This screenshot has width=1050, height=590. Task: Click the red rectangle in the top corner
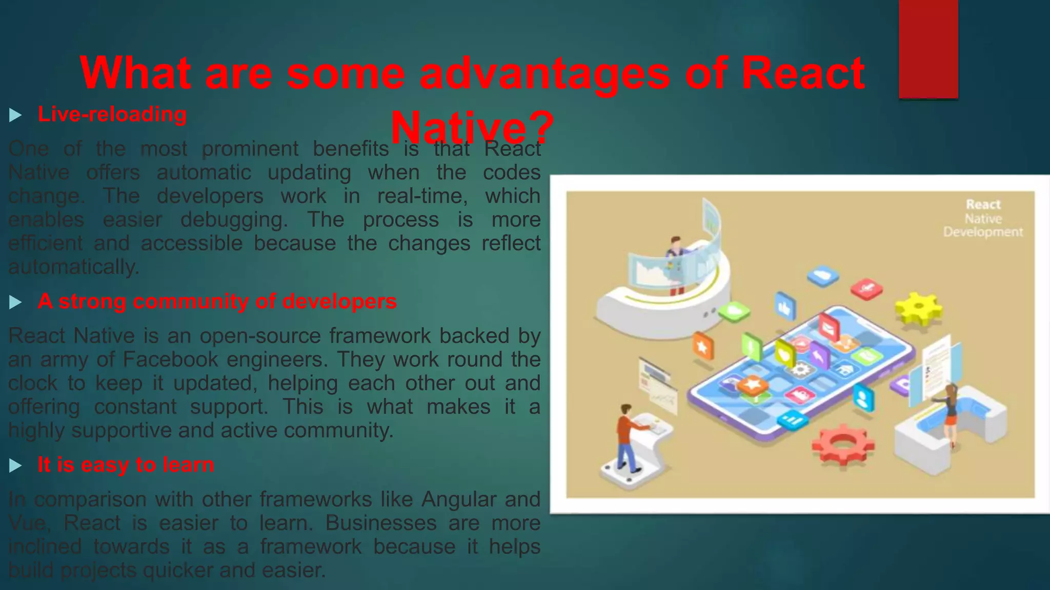[x=928, y=49]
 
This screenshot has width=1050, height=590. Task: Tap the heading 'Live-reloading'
[x=112, y=114]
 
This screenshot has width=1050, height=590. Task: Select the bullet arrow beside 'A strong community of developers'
[x=15, y=302]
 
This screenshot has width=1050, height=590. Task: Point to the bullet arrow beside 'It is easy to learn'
[x=15, y=466]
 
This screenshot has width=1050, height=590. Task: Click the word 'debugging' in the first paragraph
[x=233, y=220]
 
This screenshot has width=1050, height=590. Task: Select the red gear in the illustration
[x=842, y=444]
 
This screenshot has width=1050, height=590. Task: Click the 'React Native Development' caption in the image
[x=983, y=219]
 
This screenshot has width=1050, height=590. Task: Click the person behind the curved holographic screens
[x=676, y=264]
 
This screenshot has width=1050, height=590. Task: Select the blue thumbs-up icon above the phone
[x=785, y=307]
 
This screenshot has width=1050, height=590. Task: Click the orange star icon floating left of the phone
[x=702, y=347]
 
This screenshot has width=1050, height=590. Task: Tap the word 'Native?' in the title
[x=472, y=127]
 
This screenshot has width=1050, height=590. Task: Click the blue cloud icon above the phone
[x=822, y=276]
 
